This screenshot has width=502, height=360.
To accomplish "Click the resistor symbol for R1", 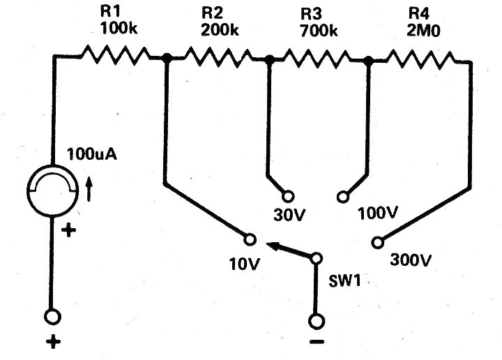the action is [x=115, y=56].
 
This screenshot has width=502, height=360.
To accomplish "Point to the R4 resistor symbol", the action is [x=420, y=59].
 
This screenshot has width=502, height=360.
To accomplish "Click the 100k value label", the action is [x=119, y=28].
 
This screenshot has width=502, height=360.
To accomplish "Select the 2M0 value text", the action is [x=424, y=31].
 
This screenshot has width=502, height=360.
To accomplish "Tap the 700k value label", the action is [x=319, y=31].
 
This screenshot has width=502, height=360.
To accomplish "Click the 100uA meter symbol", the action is [x=53, y=190].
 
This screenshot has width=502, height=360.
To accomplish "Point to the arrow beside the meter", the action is [x=89, y=190].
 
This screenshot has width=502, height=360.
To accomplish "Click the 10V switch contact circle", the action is [x=250, y=239].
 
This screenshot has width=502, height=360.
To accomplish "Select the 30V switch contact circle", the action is [x=288, y=196].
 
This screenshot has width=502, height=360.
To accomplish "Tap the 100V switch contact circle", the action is [x=343, y=196].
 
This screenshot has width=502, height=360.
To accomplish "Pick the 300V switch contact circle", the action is [x=378, y=243].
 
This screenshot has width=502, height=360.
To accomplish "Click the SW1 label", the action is [x=345, y=281].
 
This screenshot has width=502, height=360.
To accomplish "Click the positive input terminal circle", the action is [x=52, y=317].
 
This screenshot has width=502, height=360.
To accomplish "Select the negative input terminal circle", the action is [x=317, y=321].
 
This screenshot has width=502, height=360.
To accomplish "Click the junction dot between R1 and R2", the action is [x=166, y=58].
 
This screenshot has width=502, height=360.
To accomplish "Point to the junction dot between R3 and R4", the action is [x=369, y=60].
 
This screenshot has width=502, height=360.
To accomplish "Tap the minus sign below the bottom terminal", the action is [x=317, y=342].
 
